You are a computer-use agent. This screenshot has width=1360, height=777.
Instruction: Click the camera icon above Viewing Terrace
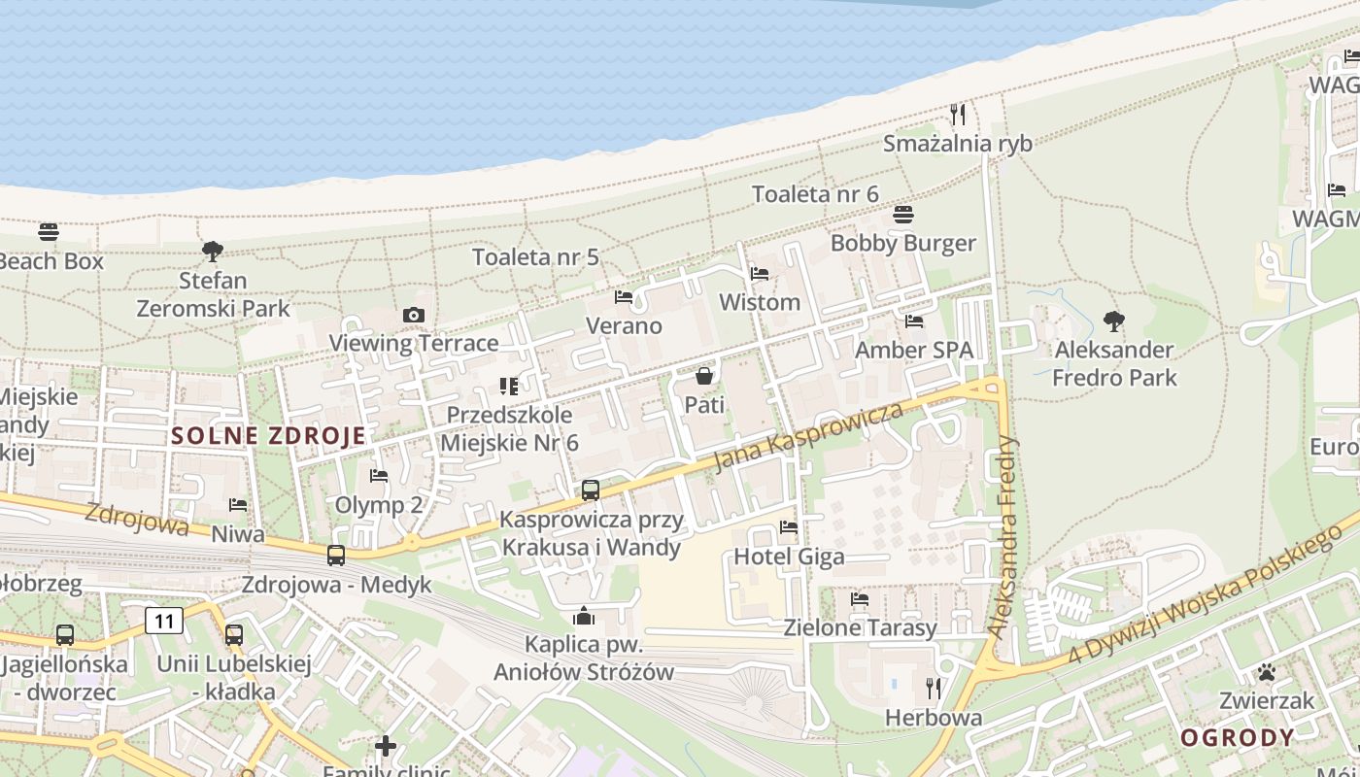(413, 316)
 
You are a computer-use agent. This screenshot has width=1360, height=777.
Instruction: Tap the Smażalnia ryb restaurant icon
(958, 115)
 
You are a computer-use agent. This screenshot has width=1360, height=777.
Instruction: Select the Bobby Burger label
(902, 243)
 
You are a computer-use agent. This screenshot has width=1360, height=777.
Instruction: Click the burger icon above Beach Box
(49, 232)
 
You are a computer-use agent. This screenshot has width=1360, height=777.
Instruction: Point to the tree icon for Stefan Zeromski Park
(212, 253)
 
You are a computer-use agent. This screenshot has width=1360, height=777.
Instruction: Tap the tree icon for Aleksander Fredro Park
(1114, 321)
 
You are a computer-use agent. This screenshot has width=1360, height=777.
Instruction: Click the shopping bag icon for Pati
(704, 375)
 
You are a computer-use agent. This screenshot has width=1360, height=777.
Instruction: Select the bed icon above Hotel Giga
(789, 527)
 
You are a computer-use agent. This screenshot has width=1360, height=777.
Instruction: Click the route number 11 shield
(164, 621)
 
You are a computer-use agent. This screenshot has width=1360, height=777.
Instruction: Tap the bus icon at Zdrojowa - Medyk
(336, 556)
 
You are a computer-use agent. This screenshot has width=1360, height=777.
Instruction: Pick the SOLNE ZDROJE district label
(268, 436)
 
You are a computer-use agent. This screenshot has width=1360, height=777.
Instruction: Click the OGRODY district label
(1237, 737)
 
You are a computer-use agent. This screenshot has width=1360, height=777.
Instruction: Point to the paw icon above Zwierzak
(1266, 671)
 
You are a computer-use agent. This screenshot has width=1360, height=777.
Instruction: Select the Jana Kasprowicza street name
(808, 436)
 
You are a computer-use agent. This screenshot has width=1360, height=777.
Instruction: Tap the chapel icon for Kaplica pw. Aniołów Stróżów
(583, 616)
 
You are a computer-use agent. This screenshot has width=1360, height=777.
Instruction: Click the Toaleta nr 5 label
(535, 257)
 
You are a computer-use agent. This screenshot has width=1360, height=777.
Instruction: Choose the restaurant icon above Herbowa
(934, 689)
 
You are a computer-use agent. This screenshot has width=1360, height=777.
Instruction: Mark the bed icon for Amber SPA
(913, 321)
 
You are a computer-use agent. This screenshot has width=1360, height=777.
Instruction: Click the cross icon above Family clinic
(386, 746)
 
